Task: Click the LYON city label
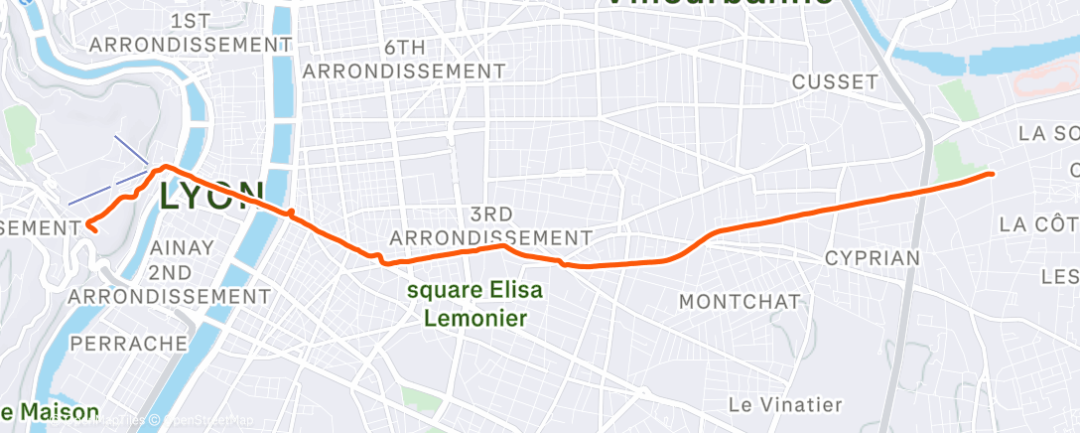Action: pyautogui.click(x=211, y=196)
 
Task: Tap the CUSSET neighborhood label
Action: pyautogui.click(x=835, y=81)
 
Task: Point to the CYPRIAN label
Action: pyautogui.click(x=873, y=258)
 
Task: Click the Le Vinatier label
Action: pyautogui.click(x=784, y=404)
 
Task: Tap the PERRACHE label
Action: pyautogui.click(x=129, y=343)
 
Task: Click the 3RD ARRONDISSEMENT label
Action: pyautogui.click(x=490, y=226)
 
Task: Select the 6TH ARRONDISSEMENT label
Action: pyautogui.click(x=404, y=60)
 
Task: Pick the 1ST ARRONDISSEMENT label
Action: pyautogui.click(x=191, y=33)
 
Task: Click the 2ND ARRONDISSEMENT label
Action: pyautogui.click(x=169, y=283)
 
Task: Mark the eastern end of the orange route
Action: pyautogui.click(x=992, y=174)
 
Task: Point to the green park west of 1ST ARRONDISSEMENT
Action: pyautogui.click(x=19, y=130)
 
